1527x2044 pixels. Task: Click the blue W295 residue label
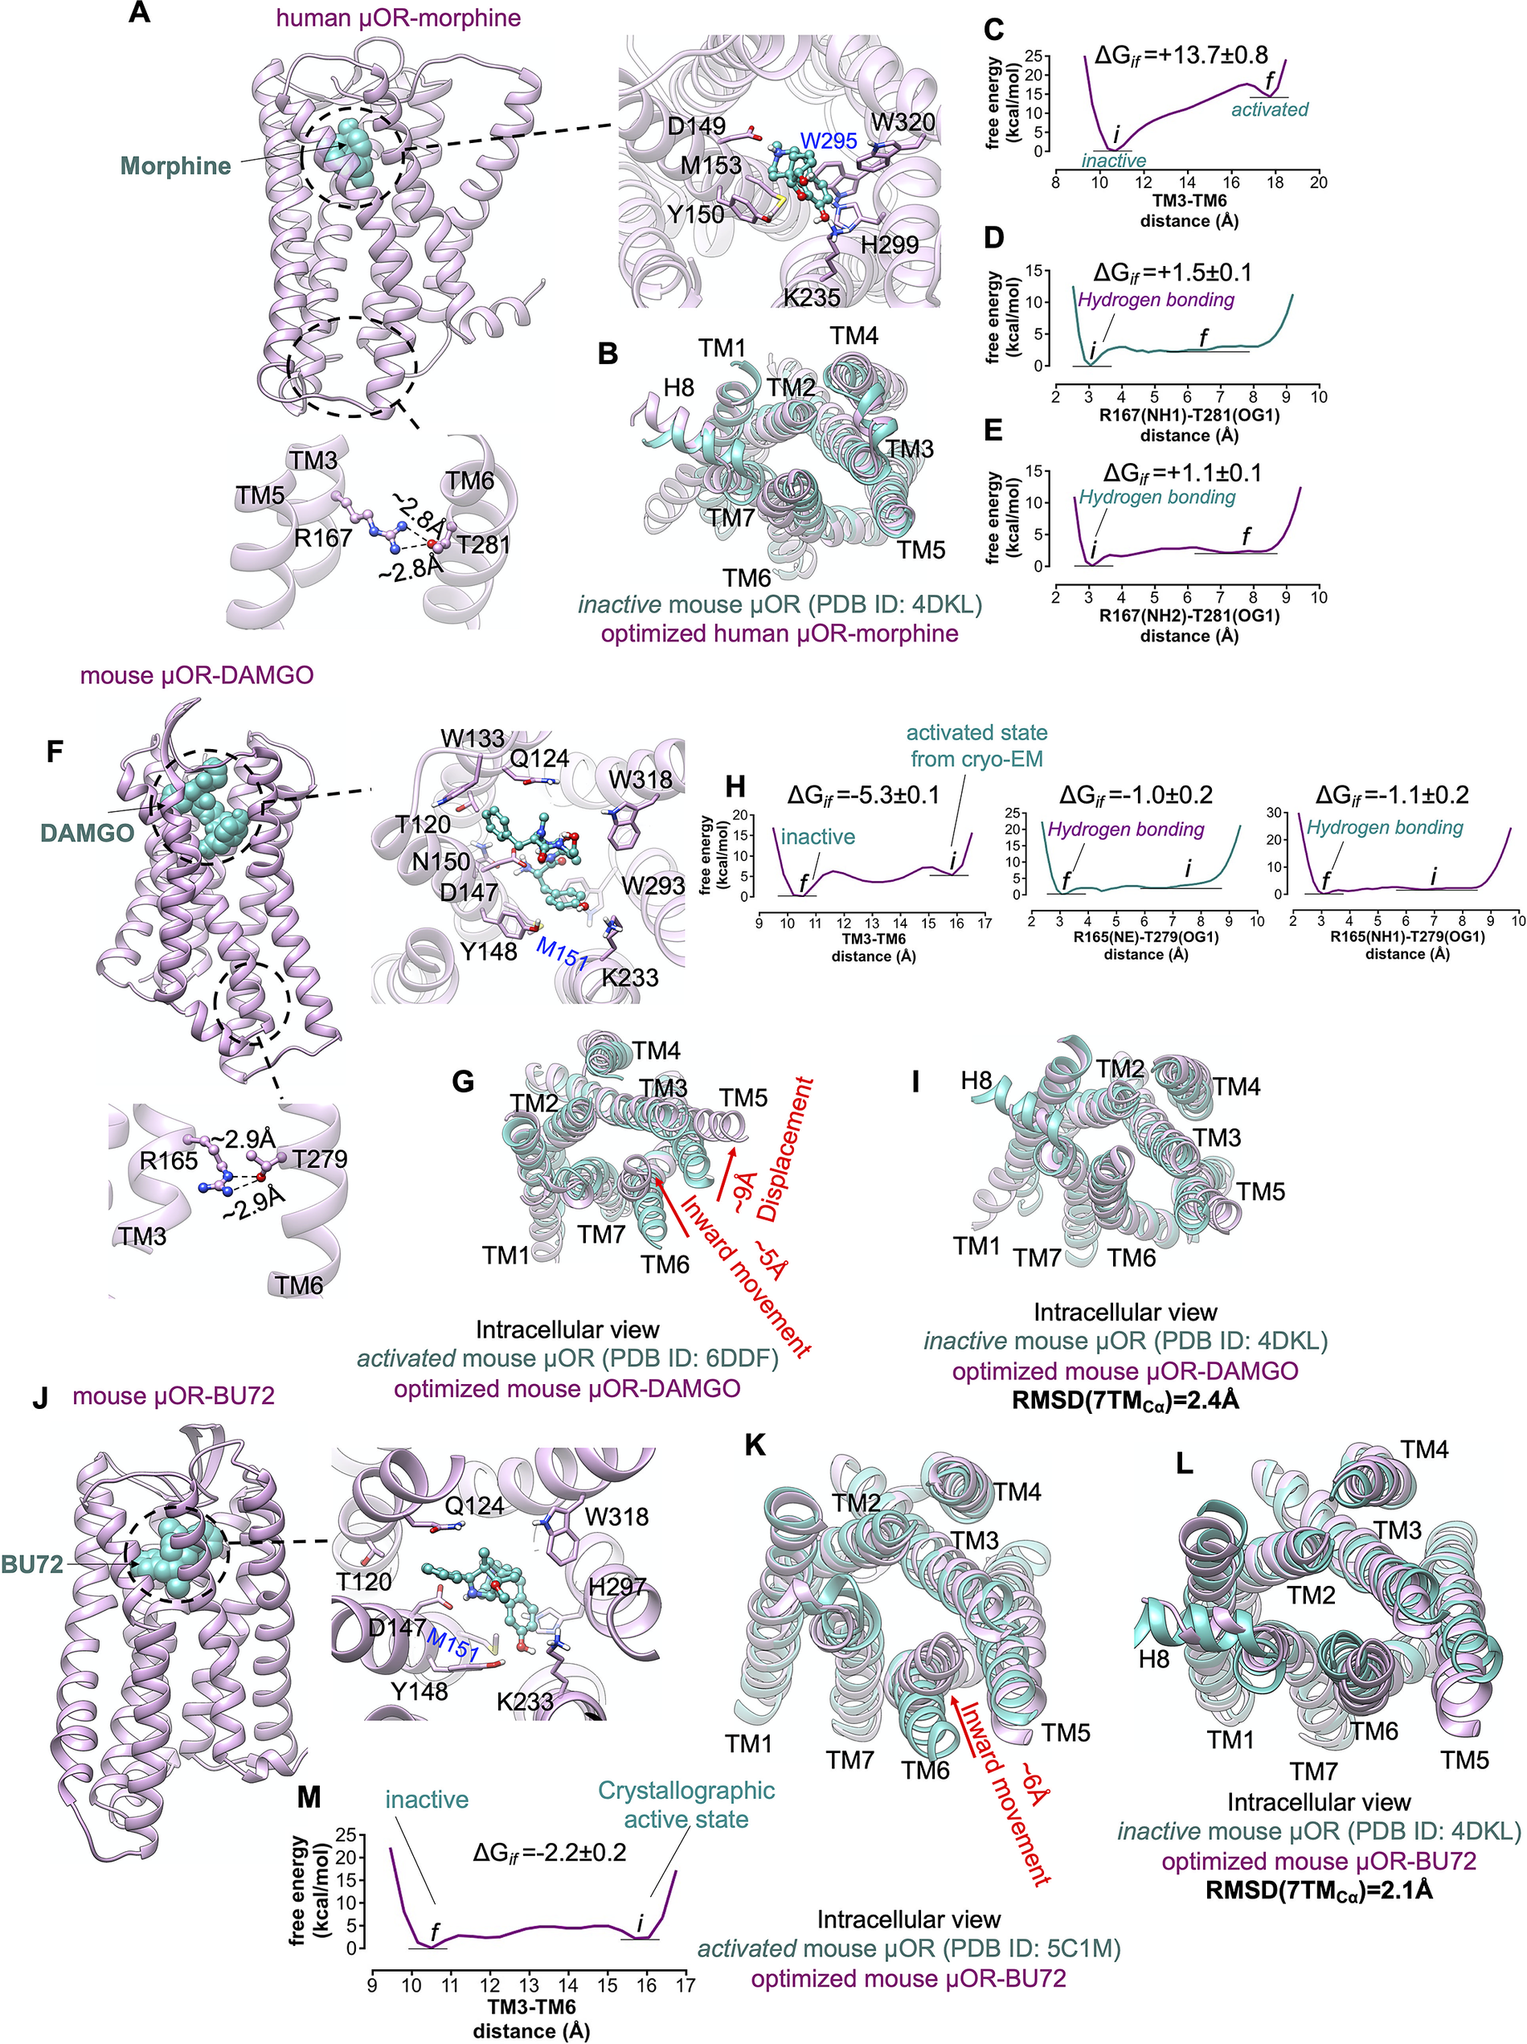tap(828, 141)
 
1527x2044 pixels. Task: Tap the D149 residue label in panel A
tap(697, 125)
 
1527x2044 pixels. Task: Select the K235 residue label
tap(812, 297)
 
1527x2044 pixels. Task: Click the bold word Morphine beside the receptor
tap(175, 166)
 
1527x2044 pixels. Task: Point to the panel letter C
tap(993, 31)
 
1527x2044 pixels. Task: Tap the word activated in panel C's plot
tap(1269, 109)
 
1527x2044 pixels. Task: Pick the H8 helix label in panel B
tap(678, 387)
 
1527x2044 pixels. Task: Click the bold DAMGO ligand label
tap(88, 833)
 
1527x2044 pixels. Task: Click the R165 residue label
tap(168, 1160)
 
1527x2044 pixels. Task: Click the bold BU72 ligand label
tap(33, 1564)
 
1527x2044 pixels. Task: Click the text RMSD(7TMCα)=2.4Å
tap(1124, 1400)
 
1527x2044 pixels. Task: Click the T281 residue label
tap(483, 545)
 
